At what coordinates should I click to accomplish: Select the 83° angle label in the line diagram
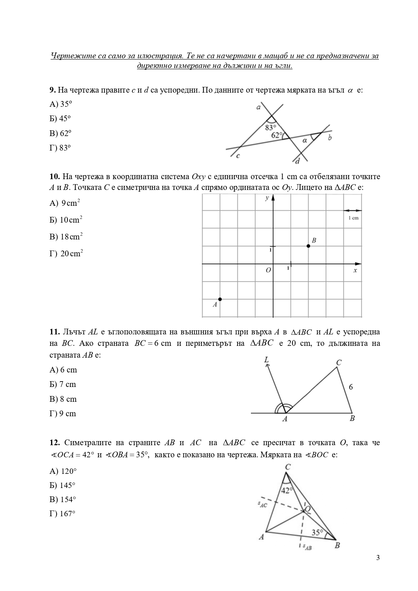(x=270, y=128)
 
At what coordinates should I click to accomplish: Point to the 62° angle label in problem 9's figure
(x=277, y=135)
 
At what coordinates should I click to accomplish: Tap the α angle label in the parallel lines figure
(x=304, y=140)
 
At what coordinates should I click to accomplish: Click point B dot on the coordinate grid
(x=308, y=246)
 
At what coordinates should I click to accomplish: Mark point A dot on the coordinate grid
(x=220, y=299)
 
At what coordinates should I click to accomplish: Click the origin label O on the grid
(x=268, y=270)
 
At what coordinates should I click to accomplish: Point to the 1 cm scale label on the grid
(x=353, y=218)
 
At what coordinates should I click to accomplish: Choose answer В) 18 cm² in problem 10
(x=66, y=237)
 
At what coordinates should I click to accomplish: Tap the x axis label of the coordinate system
(x=355, y=270)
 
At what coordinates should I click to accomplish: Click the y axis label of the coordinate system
(x=267, y=198)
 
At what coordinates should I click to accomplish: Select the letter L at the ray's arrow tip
(x=266, y=360)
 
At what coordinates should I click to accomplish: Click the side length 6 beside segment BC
(x=351, y=387)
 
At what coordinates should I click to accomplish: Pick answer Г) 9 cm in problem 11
(x=63, y=414)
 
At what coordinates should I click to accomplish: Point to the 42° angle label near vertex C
(x=286, y=491)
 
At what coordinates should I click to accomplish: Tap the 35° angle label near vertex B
(x=317, y=532)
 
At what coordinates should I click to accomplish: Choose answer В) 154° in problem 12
(x=63, y=499)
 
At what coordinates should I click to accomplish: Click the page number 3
(x=378, y=558)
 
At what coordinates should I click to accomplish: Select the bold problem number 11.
(x=54, y=332)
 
